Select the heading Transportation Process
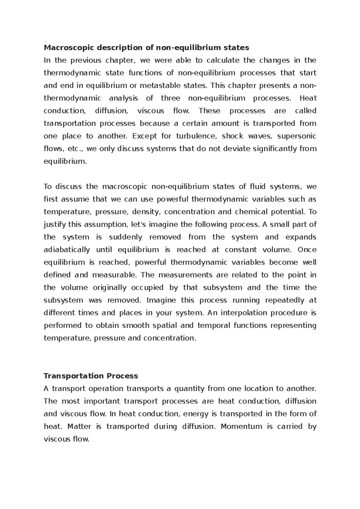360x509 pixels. click(91, 376)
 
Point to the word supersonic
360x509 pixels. click(297, 136)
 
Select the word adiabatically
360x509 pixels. click(67, 250)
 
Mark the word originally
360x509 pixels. click(109, 288)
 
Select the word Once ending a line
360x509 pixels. click(307, 250)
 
